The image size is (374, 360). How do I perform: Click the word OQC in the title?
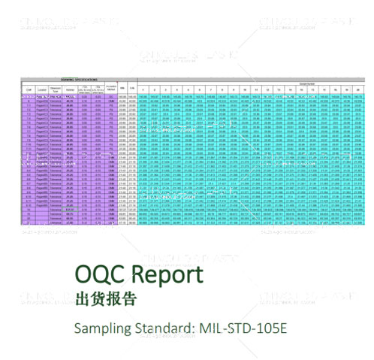[101, 274]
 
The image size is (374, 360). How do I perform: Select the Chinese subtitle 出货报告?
[106, 299]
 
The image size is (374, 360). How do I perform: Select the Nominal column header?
[71, 90]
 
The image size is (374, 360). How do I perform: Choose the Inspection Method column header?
[111, 90]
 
